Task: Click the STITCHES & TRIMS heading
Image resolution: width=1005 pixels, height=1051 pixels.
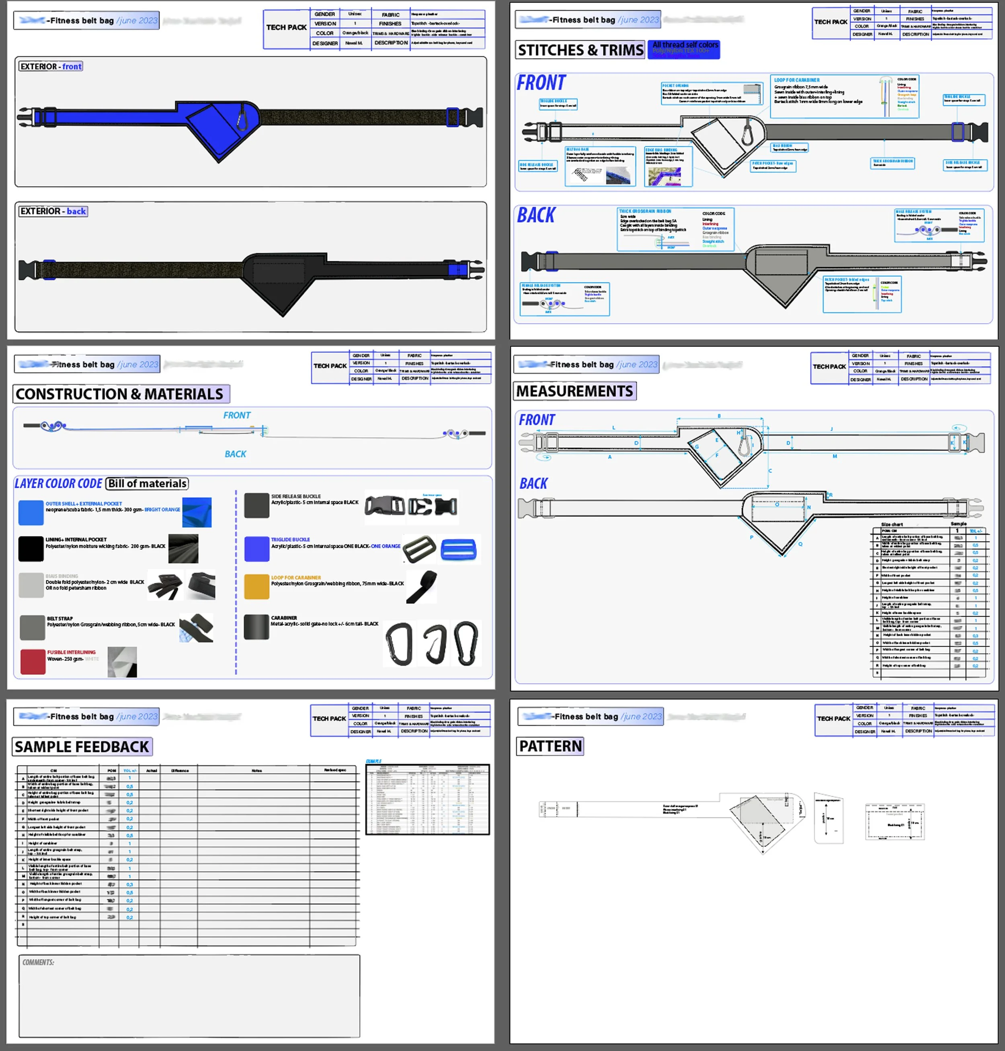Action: point(580,50)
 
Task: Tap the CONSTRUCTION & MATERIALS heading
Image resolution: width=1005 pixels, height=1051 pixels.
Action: point(119,394)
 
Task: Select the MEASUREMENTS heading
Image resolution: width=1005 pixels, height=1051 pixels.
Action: point(574,391)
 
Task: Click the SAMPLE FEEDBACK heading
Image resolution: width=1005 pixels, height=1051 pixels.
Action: point(82,747)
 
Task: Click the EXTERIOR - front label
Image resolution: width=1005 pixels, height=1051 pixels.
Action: point(51,66)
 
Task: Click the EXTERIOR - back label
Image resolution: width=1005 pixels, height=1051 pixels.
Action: point(53,211)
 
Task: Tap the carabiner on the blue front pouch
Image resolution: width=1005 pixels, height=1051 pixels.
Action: point(242,117)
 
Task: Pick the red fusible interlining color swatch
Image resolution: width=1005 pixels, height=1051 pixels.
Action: point(33,662)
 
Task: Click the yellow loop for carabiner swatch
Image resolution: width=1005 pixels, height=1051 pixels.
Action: point(256,586)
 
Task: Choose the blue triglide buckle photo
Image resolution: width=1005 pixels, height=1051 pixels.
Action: point(459,549)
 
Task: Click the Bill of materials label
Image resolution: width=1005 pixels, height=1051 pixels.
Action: point(147,483)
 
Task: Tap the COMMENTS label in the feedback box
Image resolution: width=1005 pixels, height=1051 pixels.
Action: point(38,962)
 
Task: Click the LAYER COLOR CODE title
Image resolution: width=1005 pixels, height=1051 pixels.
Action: point(58,483)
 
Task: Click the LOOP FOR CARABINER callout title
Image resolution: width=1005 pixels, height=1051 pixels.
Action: point(797,80)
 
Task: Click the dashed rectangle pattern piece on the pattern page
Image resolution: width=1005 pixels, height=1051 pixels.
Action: point(894,821)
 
